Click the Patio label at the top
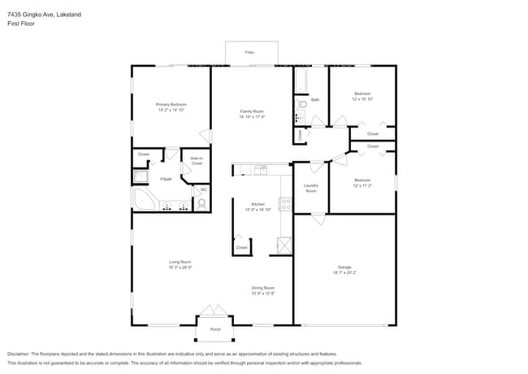249,52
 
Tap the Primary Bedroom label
171,105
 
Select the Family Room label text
252,111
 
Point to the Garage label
344,267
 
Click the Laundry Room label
310,188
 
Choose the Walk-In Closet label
197,161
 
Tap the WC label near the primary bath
204,190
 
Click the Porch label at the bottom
215,329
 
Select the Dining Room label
262,288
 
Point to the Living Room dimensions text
180,267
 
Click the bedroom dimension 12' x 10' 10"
362,99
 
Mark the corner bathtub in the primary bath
143,202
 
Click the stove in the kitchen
286,204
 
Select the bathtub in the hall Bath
301,80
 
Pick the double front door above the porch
215,312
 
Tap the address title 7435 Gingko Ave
32,14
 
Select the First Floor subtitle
21,24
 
